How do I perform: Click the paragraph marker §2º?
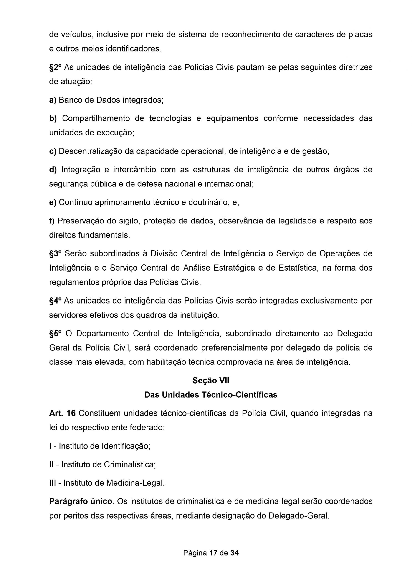(55, 68)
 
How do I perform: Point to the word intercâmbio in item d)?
(134, 170)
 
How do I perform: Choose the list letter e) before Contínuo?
(53, 202)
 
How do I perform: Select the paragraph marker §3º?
(55, 253)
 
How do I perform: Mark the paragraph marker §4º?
(55, 301)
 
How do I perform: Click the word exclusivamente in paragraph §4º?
(329, 301)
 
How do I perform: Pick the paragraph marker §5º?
(55, 334)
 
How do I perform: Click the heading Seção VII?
(211, 381)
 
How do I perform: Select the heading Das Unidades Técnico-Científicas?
(211, 395)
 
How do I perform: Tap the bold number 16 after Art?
(71, 414)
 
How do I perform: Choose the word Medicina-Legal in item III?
(135, 483)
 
